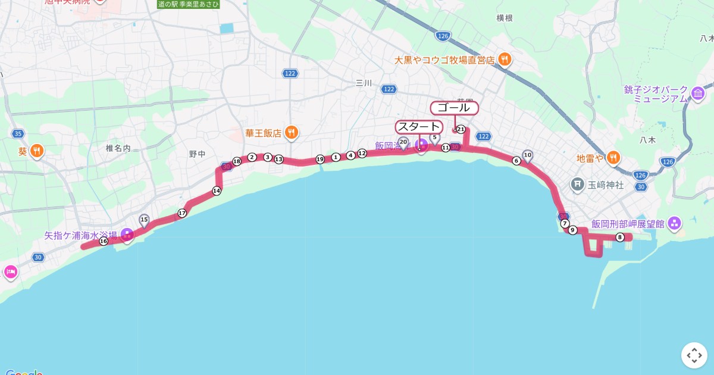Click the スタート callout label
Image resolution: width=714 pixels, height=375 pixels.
tap(419, 127)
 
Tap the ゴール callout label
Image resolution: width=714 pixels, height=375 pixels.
tap(454, 108)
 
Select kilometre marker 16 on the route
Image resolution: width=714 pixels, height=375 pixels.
tap(104, 241)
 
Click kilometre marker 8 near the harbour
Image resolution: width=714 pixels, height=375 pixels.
tap(620, 237)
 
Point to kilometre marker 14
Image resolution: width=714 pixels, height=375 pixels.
tap(217, 190)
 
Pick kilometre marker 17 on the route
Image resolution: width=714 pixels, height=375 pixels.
tap(182, 213)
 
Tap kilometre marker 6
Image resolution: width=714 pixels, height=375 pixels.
tap(516, 161)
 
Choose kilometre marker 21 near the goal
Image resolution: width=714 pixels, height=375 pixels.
tap(460, 129)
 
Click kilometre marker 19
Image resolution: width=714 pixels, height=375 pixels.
tap(320, 159)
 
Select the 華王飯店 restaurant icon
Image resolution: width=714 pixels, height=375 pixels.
tap(291, 133)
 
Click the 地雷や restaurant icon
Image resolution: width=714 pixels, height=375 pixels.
tap(614, 158)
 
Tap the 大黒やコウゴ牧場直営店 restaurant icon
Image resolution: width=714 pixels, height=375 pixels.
tap(505, 60)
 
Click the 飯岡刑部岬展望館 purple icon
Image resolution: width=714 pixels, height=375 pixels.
tap(674, 224)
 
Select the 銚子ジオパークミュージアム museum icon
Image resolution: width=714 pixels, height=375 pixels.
tap(697, 93)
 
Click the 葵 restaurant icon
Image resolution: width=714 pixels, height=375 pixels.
tap(37, 151)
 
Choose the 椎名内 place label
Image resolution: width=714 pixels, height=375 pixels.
tap(118, 148)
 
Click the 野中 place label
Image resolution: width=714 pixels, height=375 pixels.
tap(198, 154)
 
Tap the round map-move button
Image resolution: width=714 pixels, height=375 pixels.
tap(694, 355)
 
